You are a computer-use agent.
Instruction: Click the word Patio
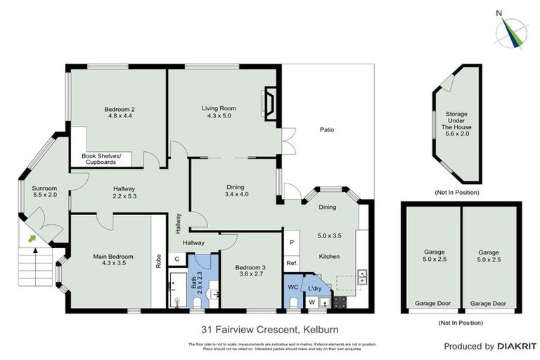click(x=326, y=129)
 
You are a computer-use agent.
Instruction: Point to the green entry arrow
click(x=32, y=240)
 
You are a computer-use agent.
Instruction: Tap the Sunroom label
click(x=44, y=188)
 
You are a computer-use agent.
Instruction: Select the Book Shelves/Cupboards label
click(x=102, y=159)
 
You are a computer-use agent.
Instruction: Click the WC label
click(x=293, y=287)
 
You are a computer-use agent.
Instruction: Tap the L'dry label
click(x=314, y=287)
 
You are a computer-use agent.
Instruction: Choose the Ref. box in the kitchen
click(x=292, y=263)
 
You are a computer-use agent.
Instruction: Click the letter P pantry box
click(x=292, y=242)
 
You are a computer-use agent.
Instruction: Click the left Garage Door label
click(x=429, y=303)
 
